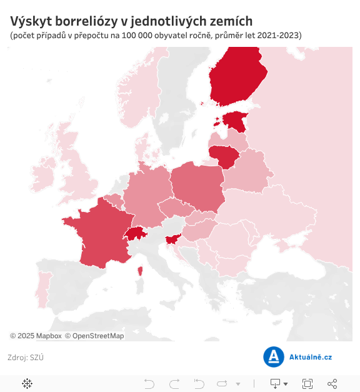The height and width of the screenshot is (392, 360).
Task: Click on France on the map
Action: pyautogui.click(x=97, y=238)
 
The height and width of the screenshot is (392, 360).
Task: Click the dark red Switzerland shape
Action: pyautogui.click(x=134, y=234)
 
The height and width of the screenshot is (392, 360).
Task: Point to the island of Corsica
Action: pyautogui.click(x=139, y=271)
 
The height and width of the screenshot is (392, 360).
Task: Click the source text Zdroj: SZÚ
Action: pyautogui.click(x=25, y=358)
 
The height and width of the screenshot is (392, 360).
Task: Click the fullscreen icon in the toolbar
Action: pyautogui.click(x=307, y=383)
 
